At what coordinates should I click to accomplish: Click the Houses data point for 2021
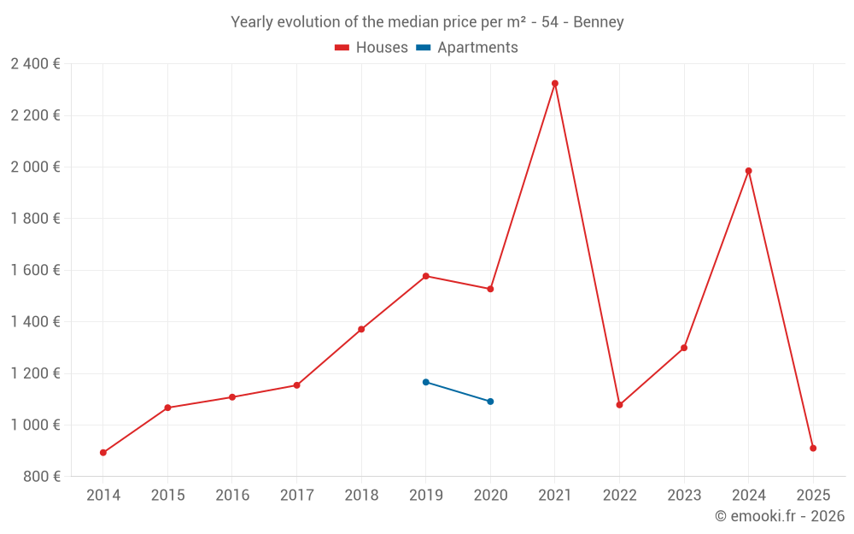(555, 84)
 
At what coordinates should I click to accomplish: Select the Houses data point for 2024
(749, 171)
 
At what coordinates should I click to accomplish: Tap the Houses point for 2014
(103, 453)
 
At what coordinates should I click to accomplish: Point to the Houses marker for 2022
(620, 405)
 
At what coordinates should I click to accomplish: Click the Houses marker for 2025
(813, 449)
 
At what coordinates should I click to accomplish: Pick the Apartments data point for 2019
(426, 382)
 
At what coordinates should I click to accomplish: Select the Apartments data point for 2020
(490, 402)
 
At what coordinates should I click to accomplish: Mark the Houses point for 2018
(361, 329)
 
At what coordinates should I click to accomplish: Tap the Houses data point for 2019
(426, 276)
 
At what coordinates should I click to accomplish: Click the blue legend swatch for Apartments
(423, 48)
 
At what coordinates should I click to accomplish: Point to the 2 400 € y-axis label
(35, 63)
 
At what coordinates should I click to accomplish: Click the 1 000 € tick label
(35, 425)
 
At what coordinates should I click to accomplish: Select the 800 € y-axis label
(41, 477)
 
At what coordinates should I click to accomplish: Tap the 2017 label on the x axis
(296, 495)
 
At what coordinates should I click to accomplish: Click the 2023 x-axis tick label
(684, 495)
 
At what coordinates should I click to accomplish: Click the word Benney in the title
(599, 22)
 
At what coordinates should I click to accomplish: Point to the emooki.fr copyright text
(780, 516)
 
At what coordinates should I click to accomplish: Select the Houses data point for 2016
(232, 397)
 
